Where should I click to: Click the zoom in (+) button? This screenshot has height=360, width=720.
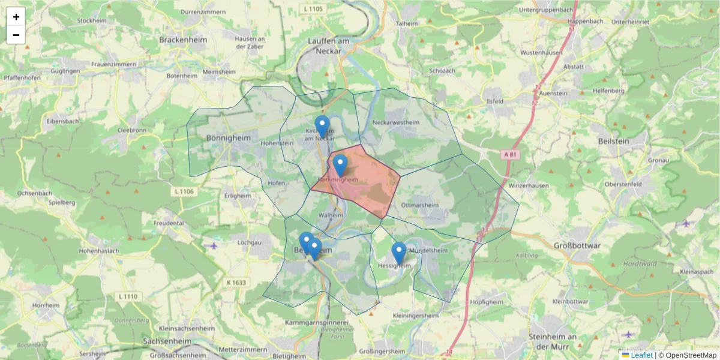[x=16, y=17]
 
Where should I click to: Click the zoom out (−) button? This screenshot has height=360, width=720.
[x=16, y=35]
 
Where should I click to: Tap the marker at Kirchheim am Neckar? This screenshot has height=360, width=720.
[x=322, y=127]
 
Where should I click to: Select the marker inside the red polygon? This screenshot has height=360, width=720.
[x=340, y=165]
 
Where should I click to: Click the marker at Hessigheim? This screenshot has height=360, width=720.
[x=398, y=253]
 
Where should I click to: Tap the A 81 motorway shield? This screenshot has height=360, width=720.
[x=509, y=154]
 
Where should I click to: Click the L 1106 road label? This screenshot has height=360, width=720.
[x=184, y=191]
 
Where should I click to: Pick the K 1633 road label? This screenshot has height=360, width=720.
[x=236, y=282]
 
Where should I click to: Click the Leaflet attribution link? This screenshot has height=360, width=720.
[x=641, y=355]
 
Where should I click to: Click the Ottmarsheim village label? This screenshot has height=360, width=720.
[x=420, y=205]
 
